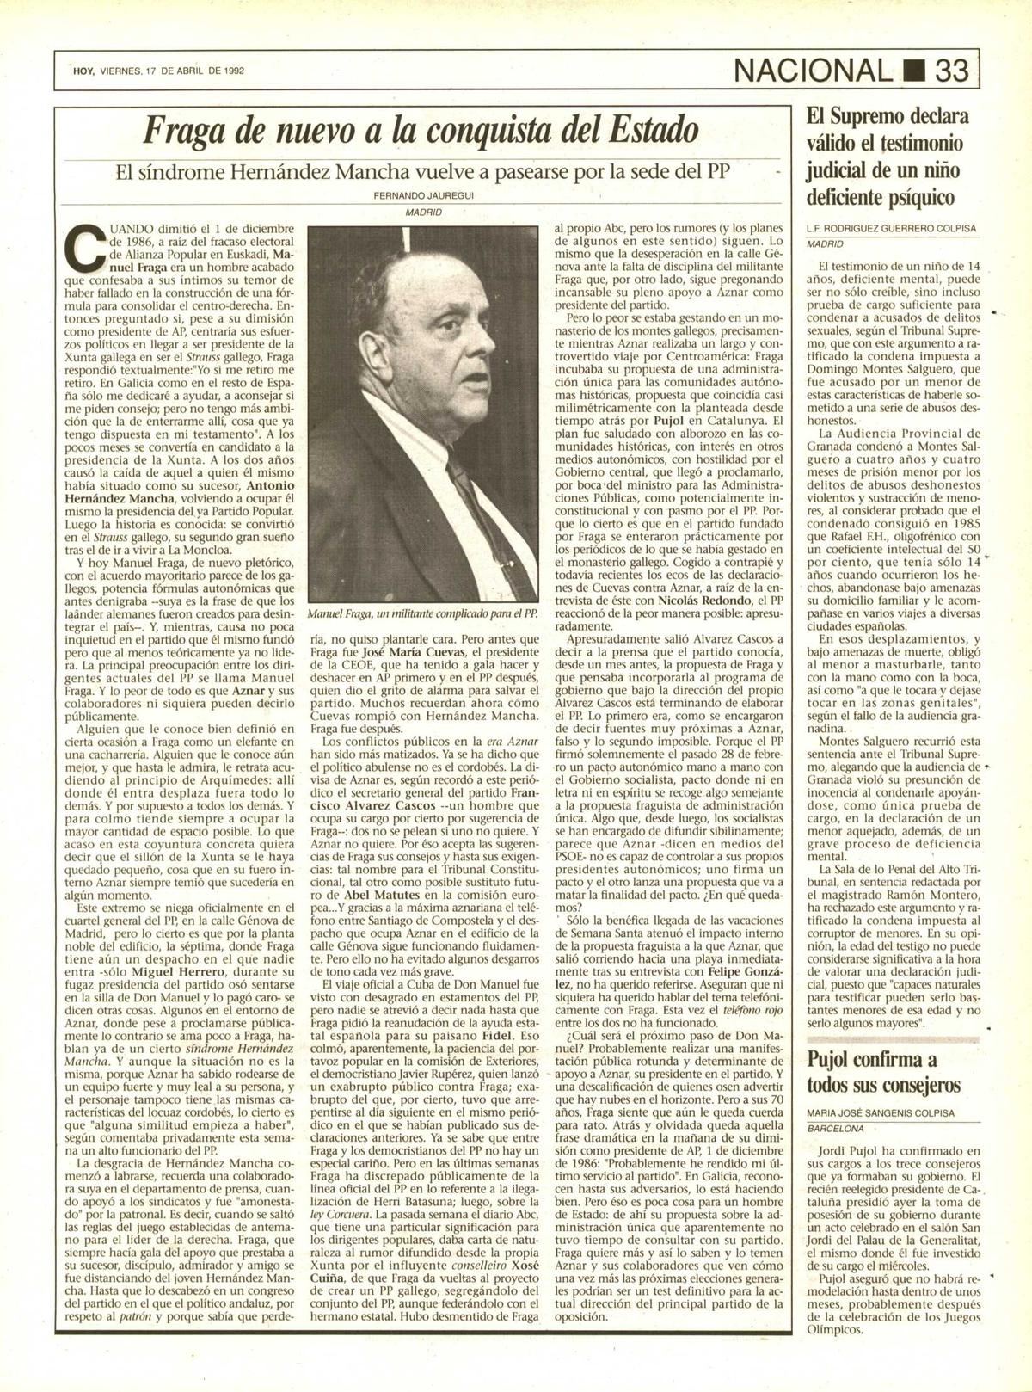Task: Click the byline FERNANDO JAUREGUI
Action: [x=423, y=195]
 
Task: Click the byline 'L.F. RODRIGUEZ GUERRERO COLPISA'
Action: [x=891, y=228]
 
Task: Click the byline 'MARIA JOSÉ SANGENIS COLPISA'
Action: [x=881, y=1112]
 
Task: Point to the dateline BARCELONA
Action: [x=835, y=1128]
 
